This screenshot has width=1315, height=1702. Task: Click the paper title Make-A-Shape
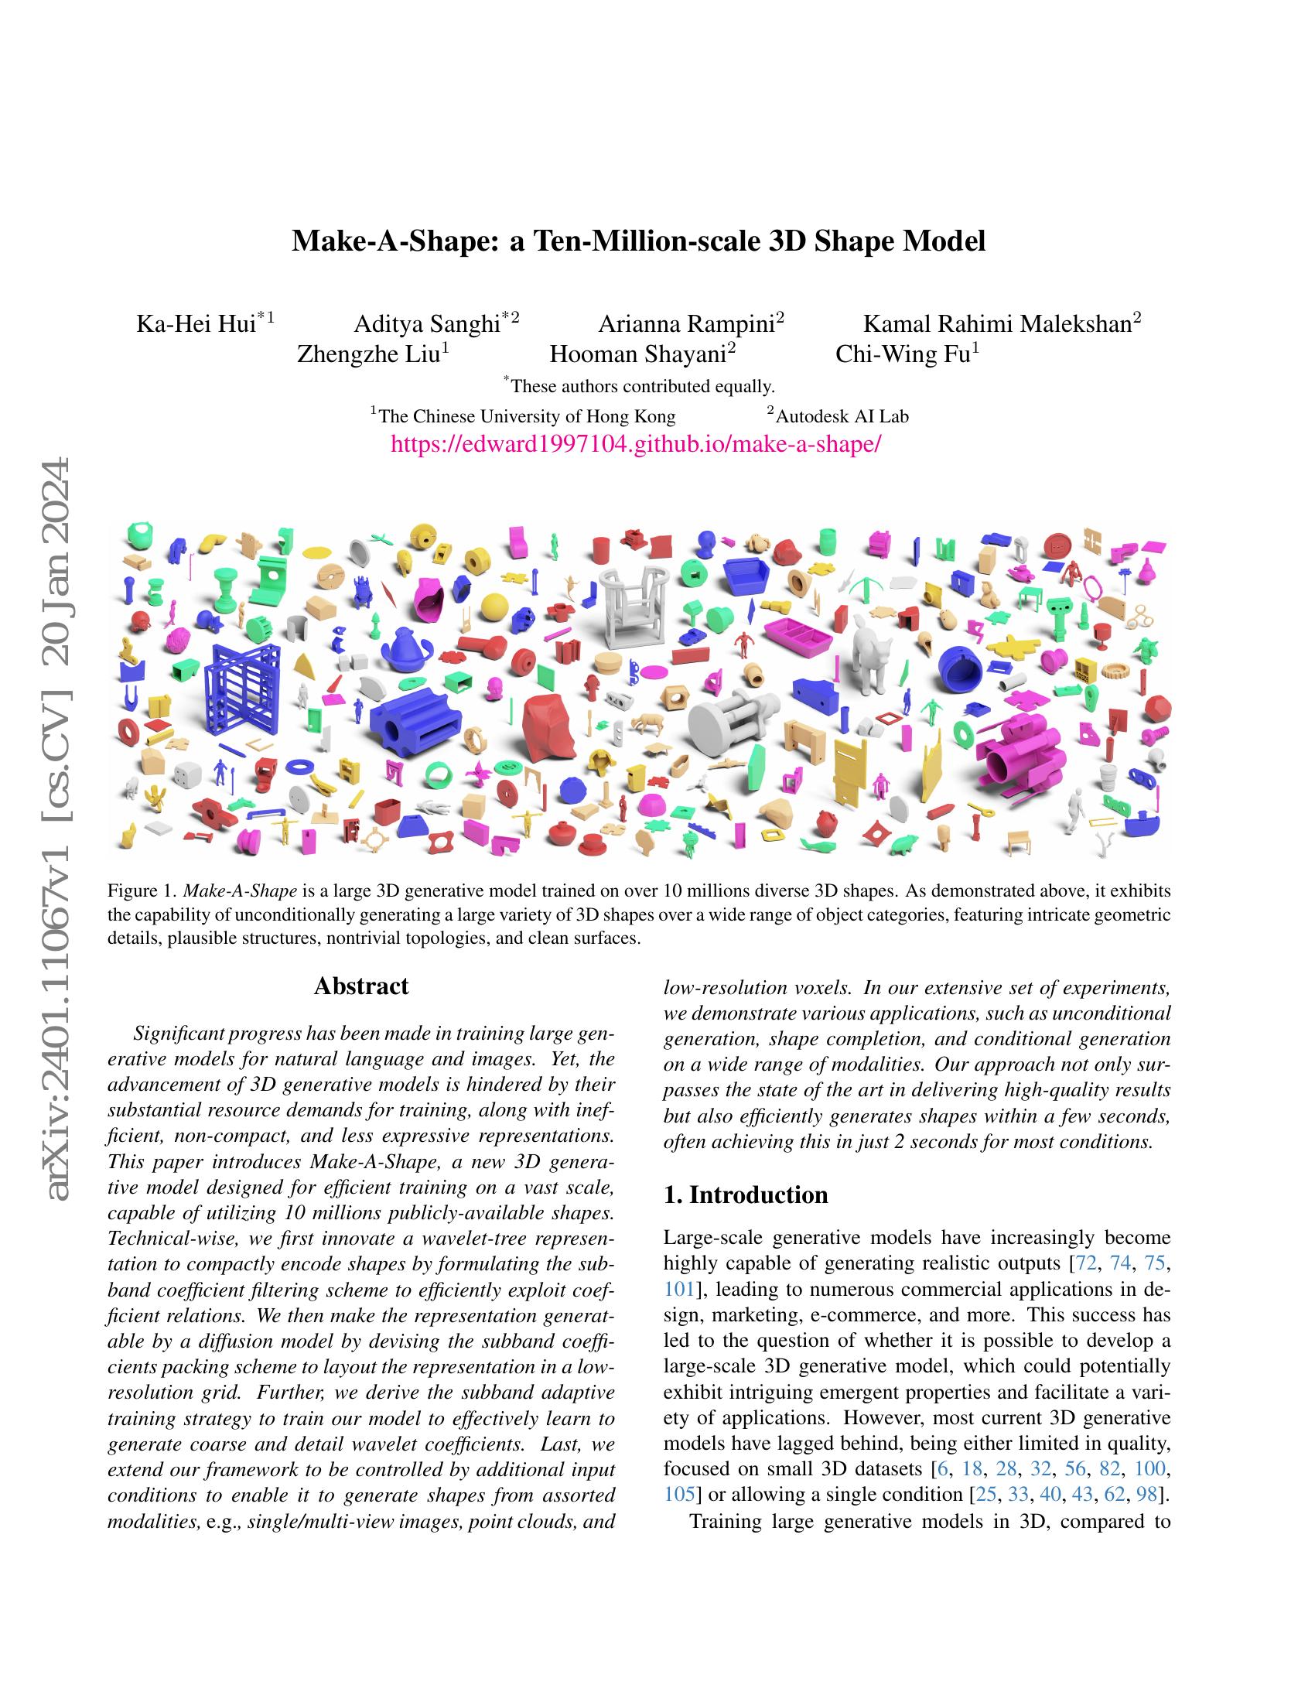point(638,241)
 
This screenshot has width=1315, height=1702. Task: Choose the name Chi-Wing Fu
point(902,354)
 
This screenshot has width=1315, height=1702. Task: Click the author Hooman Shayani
point(638,354)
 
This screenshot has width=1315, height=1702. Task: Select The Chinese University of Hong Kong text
point(526,416)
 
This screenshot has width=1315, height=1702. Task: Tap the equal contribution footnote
point(641,386)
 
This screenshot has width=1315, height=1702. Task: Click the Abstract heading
point(360,986)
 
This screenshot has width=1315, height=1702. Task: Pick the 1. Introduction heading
point(746,1194)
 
